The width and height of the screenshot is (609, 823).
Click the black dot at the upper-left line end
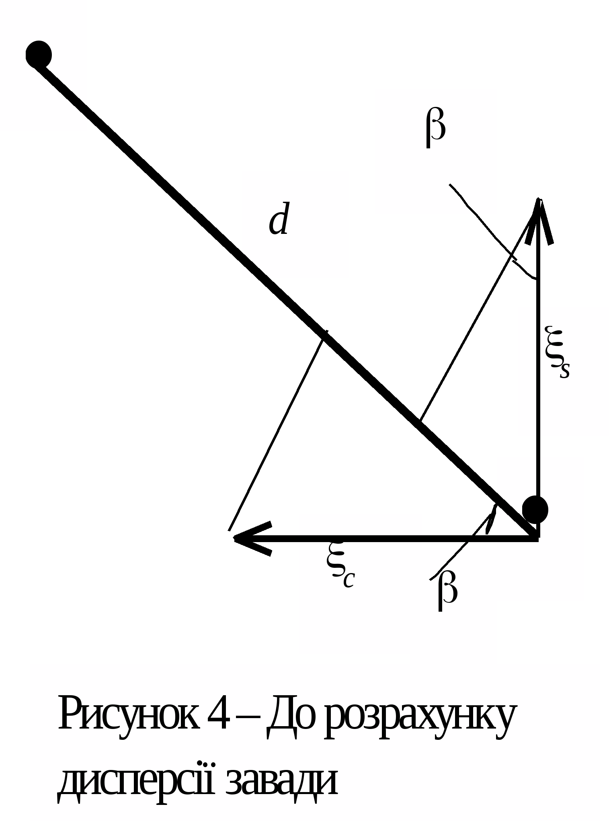click(x=39, y=54)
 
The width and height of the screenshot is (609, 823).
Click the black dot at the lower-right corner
click(x=535, y=509)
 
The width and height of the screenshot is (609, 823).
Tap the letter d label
click(x=279, y=219)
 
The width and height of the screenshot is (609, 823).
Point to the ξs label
click(x=557, y=352)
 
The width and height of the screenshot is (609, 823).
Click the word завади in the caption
click(x=281, y=782)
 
